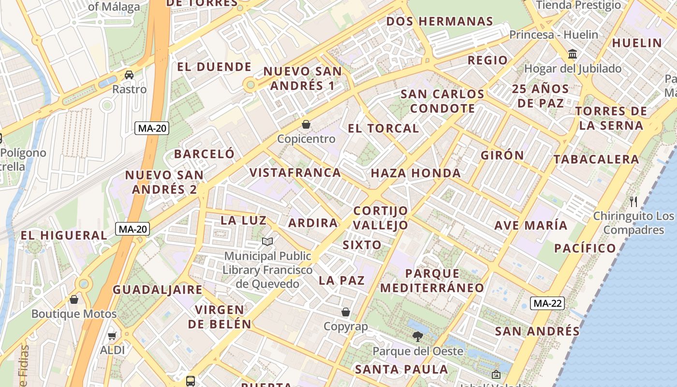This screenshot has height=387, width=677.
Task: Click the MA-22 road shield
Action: click(x=547, y=303)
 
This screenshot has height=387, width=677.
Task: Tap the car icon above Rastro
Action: click(x=129, y=75)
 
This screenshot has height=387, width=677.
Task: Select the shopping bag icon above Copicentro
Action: click(x=306, y=124)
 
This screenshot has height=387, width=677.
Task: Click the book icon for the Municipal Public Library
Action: click(x=267, y=241)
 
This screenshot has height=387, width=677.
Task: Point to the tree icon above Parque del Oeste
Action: click(x=417, y=336)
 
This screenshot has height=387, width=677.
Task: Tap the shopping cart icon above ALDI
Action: click(x=112, y=336)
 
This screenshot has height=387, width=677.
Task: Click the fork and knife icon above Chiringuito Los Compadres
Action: click(x=633, y=201)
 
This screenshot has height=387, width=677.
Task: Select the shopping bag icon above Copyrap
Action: click(x=345, y=312)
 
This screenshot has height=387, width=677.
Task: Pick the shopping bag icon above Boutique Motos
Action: click(x=74, y=299)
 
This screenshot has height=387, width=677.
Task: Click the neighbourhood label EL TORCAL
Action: click(x=383, y=128)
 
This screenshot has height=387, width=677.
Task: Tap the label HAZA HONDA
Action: click(x=415, y=173)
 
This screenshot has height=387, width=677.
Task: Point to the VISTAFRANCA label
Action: click(x=295, y=172)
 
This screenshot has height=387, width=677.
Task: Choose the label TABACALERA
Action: click(x=596, y=159)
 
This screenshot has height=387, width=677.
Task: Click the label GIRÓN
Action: click(x=502, y=155)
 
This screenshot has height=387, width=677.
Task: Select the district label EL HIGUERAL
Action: click(x=63, y=236)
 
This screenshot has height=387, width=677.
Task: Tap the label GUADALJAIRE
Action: click(x=158, y=290)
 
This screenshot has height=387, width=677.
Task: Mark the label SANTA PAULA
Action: click(x=401, y=370)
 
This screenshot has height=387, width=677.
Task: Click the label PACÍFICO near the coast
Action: click(x=585, y=248)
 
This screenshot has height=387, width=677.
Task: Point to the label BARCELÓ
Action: click(x=204, y=154)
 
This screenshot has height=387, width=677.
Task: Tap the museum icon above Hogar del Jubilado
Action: click(x=573, y=54)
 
